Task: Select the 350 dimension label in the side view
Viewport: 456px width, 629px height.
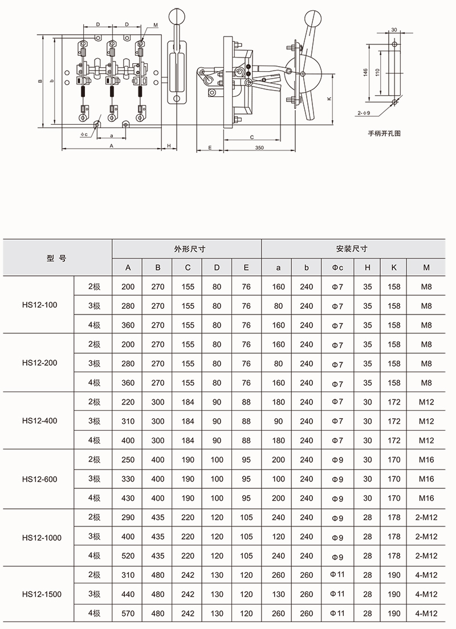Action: (x=259, y=148)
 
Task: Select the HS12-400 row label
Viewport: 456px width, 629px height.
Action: (x=39, y=421)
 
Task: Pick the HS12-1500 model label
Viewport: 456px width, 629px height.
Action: (x=42, y=594)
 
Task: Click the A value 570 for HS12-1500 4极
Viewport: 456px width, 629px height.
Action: (x=128, y=614)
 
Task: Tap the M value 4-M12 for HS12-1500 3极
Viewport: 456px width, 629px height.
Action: (x=426, y=594)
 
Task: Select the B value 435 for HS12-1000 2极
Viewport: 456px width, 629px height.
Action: (x=158, y=517)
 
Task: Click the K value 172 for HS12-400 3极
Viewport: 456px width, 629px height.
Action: (x=394, y=421)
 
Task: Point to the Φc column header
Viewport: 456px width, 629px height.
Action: (x=337, y=268)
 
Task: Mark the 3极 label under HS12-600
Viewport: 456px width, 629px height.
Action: (x=94, y=479)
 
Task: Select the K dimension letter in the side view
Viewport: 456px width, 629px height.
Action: (x=329, y=99)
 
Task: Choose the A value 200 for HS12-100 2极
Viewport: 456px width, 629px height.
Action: (x=128, y=287)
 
